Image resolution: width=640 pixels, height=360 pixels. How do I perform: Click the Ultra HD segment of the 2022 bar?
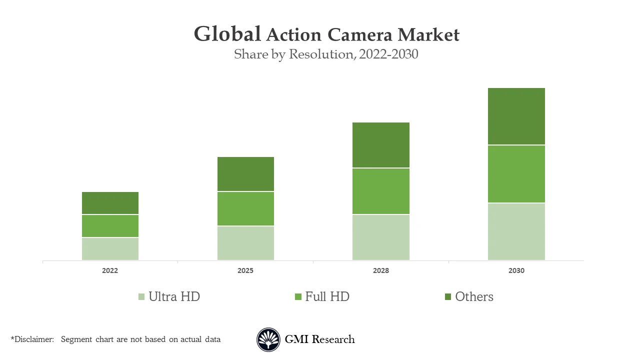click(110, 248)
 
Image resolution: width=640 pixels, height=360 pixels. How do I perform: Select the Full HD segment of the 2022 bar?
click(110, 226)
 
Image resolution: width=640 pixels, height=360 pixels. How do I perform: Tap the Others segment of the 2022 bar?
click(110, 203)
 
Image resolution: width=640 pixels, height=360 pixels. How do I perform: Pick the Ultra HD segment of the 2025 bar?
click(245, 243)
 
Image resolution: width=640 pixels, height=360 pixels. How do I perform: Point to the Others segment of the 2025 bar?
click(245, 174)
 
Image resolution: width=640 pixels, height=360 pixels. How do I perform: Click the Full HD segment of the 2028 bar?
click(381, 191)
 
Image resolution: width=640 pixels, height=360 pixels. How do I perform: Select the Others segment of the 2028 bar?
click(381, 145)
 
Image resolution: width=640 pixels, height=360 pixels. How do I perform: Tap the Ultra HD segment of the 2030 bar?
click(516, 231)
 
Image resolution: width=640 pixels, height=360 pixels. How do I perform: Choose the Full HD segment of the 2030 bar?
click(516, 174)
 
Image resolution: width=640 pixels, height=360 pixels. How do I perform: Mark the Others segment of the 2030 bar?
click(516, 116)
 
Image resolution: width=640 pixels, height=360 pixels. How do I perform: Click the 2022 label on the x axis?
click(110, 270)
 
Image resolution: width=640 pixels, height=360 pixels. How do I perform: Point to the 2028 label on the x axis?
click(381, 270)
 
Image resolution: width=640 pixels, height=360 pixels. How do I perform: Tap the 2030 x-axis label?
click(516, 270)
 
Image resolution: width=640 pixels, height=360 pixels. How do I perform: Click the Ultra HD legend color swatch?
click(141, 297)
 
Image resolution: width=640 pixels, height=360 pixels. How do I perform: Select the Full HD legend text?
click(327, 296)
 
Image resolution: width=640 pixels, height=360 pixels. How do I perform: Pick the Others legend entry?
click(469, 296)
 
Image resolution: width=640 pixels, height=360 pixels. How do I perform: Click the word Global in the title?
click(227, 34)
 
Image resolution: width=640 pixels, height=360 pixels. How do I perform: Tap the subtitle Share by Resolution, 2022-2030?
click(326, 54)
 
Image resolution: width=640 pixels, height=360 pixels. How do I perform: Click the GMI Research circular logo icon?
click(268, 340)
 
